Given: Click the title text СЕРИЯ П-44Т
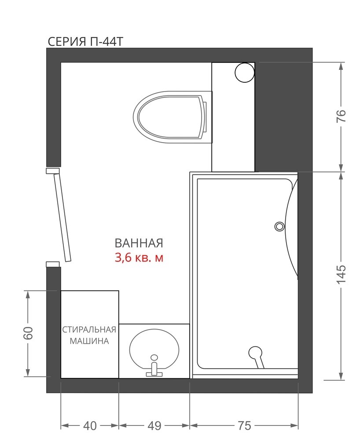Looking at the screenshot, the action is pos(85,41).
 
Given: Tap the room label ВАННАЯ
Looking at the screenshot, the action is pos(139,243).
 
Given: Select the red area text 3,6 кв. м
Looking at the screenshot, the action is pos(139,257).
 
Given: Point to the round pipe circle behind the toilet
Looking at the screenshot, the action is pos(245,73).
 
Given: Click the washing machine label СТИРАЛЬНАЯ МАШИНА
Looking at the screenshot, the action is pos(89,335).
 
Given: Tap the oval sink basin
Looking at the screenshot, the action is pos(154,349).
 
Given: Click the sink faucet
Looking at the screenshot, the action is pos(154,366).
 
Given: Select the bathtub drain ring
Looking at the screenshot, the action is pos(279,226).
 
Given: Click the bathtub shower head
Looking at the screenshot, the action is pos(256,356).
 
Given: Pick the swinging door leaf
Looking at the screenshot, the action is pos(62,218).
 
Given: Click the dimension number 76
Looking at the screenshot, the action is pos(341,116).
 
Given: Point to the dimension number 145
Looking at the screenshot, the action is pos(341,274).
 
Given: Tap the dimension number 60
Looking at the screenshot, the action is pos(28,333).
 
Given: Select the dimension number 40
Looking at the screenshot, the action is pos(90,425).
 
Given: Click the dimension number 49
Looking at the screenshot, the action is pos(154,425).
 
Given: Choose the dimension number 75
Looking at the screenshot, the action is pos(244,425).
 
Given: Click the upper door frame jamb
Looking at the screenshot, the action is pos(53,171).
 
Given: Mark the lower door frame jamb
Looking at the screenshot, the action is pos(53,264).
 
